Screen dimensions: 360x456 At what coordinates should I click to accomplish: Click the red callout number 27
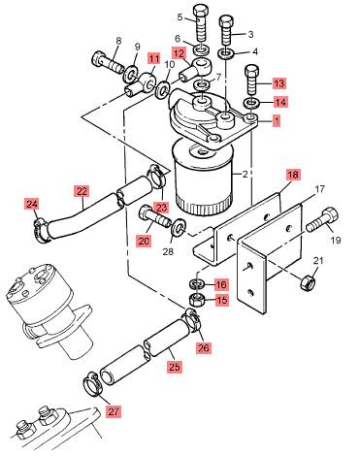(x=114, y=411)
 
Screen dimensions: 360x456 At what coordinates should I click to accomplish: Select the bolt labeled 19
(x=322, y=219)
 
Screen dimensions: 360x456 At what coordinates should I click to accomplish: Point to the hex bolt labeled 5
(x=201, y=22)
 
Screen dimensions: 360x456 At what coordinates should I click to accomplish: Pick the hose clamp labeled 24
(x=41, y=231)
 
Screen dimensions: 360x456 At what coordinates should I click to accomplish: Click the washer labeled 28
(x=178, y=227)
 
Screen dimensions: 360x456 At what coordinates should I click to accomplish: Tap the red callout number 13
(x=279, y=83)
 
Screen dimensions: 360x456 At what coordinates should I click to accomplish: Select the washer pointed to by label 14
(x=251, y=104)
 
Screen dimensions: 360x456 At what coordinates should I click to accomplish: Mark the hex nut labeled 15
(x=196, y=300)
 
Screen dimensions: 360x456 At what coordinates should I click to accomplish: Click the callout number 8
(x=118, y=42)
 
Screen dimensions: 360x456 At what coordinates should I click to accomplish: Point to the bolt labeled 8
(x=109, y=63)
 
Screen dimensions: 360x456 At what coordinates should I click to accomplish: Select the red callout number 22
(x=82, y=191)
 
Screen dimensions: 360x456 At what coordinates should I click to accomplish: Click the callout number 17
(x=319, y=189)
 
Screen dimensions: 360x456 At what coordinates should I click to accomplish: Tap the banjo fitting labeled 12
(x=195, y=69)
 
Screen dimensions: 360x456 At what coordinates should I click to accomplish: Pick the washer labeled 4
(x=226, y=53)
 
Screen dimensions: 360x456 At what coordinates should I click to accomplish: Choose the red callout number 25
(x=174, y=367)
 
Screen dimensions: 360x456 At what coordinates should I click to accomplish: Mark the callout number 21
(x=318, y=261)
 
